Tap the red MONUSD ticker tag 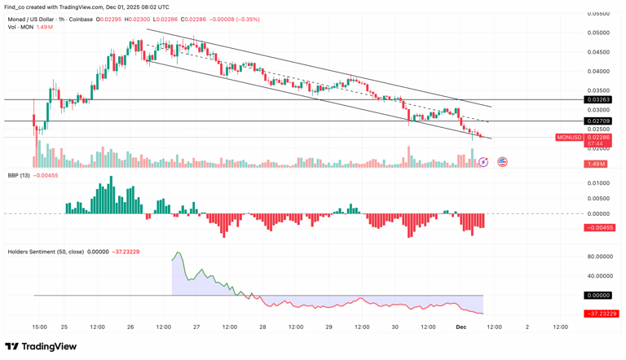(x=569, y=138)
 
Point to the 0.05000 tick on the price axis (x=599, y=33)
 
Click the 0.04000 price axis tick (x=599, y=72)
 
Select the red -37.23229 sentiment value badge (x=601, y=314)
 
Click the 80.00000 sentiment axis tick (x=599, y=257)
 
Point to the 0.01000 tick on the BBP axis (x=599, y=183)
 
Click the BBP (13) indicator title (x=19, y=174)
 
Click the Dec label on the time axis (x=461, y=327)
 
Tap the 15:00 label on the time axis (x=39, y=327)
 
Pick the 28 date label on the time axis (x=262, y=327)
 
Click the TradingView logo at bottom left (x=41, y=347)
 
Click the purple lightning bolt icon (x=483, y=162)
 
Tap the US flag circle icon (x=502, y=162)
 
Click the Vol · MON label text (x=20, y=27)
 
